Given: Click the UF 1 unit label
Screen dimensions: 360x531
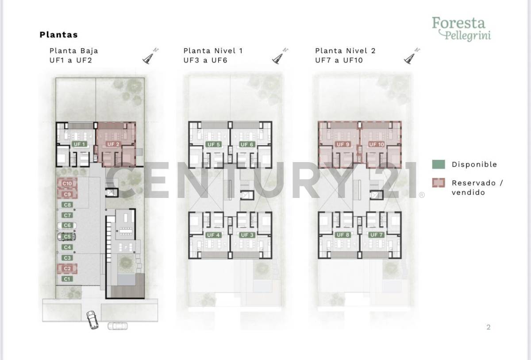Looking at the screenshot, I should pyautogui.click(x=79, y=144).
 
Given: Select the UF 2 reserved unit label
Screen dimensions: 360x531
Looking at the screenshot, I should pyautogui.click(x=113, y=144).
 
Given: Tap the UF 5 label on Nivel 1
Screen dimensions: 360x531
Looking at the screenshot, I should pyautogui.click(x=213, y=145).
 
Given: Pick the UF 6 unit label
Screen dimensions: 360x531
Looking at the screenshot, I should pyautogui.click(x=246, y=145).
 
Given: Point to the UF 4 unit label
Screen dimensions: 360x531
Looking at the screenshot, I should pyautogui.click(x=213, y=235).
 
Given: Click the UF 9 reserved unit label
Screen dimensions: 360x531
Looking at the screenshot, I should pyautogui.click(x=343, y=144).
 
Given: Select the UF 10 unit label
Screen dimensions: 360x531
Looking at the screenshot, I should pyautogui.click(x=376, y=144).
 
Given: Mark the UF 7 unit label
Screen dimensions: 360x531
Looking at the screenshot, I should pyautogui.click(x=377, y=235).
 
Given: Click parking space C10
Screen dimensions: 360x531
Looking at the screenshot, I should pyautogui.click(x=67, y=183).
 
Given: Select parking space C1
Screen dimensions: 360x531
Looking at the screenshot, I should pyautogui.click(x=67, y=279).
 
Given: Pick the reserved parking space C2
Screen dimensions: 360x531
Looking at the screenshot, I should pyautogui.click(x=67, y=268).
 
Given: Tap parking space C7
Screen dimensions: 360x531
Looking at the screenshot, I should pyautogui.click(x=67, y=215).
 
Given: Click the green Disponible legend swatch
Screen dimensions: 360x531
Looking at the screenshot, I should pyautogui.click(x=438, y=164).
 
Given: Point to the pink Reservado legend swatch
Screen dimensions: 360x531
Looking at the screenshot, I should pyautogui.click(x=438, y=183).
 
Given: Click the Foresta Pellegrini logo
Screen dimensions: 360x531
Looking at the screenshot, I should pyautogui.click(x=461, y=28).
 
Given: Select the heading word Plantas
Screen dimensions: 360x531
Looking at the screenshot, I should pyautogui.click(x=58, y=35).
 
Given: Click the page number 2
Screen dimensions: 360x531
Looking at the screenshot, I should pyautogui.click(x=489, y=327).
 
